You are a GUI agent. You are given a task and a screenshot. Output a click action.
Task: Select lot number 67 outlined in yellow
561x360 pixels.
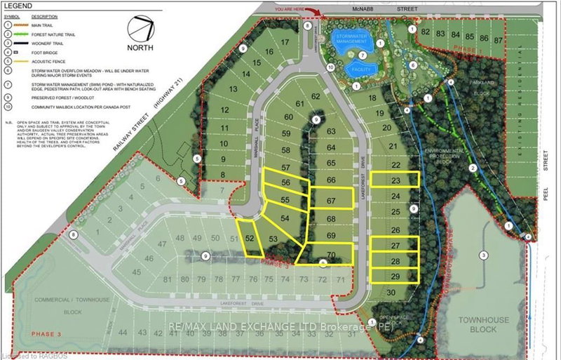331,201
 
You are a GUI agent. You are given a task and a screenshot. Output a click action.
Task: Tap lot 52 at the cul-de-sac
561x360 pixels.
250,239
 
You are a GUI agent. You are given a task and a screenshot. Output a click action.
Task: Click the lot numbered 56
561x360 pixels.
285,183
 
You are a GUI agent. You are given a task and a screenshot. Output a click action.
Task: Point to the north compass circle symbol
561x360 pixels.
142,31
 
